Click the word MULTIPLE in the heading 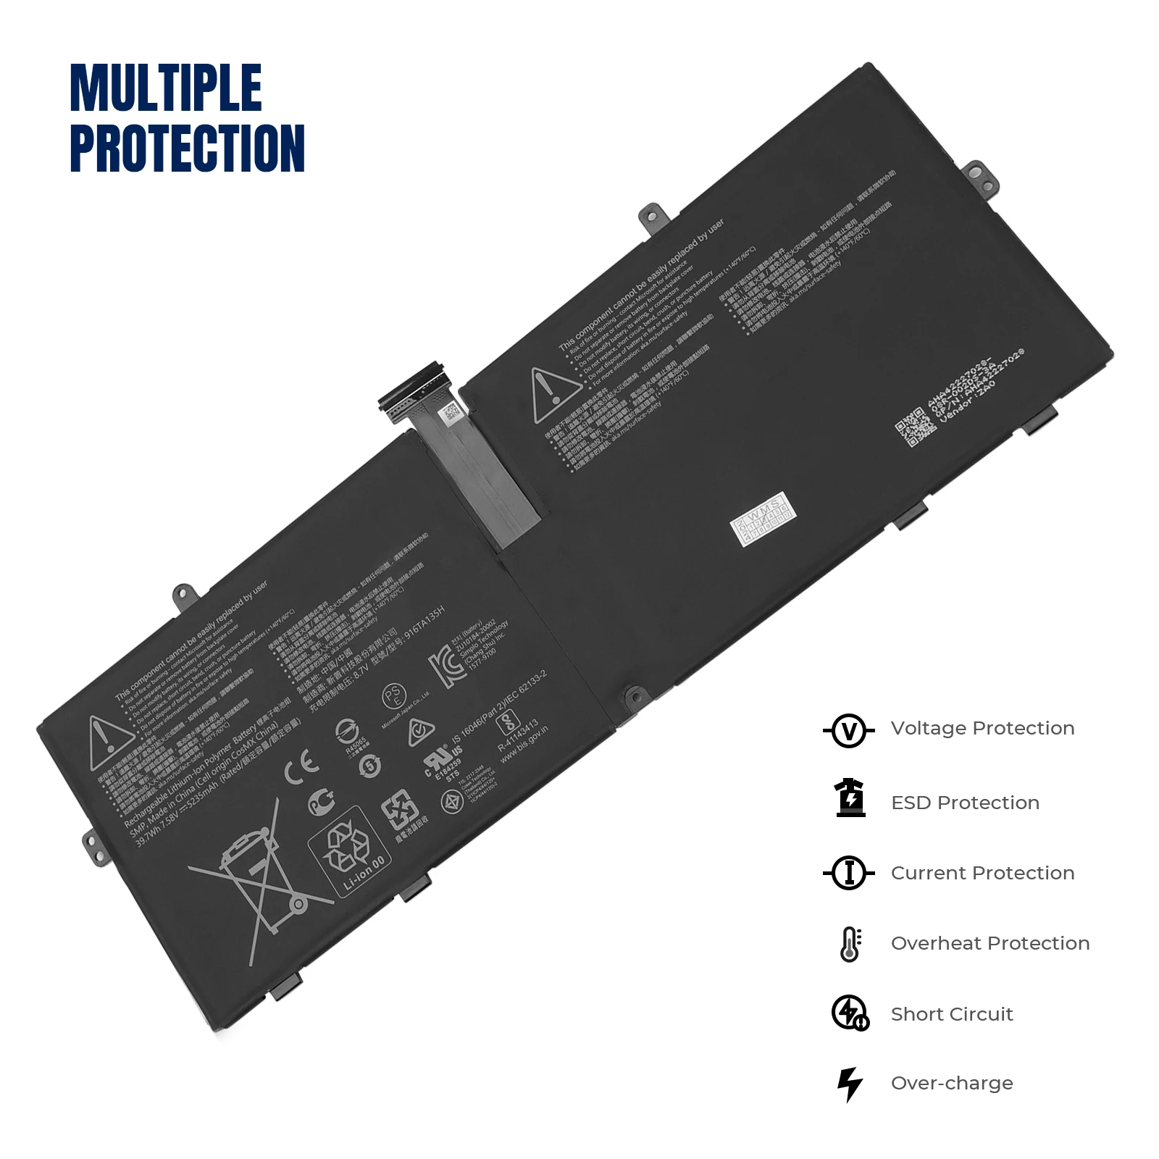coord(166,88)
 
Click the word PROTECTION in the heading coord(187,148)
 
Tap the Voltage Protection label coord(982,729)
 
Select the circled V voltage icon coord(849,730)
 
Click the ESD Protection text coord(965,803)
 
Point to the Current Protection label coord(982,874)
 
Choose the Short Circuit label coord(952,1014)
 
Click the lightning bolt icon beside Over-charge coord(850,1084)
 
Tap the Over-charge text coord(952,1084)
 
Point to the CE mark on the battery coord(301,768)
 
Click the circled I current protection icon coord(849,873)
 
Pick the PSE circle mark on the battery coord(394,697)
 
